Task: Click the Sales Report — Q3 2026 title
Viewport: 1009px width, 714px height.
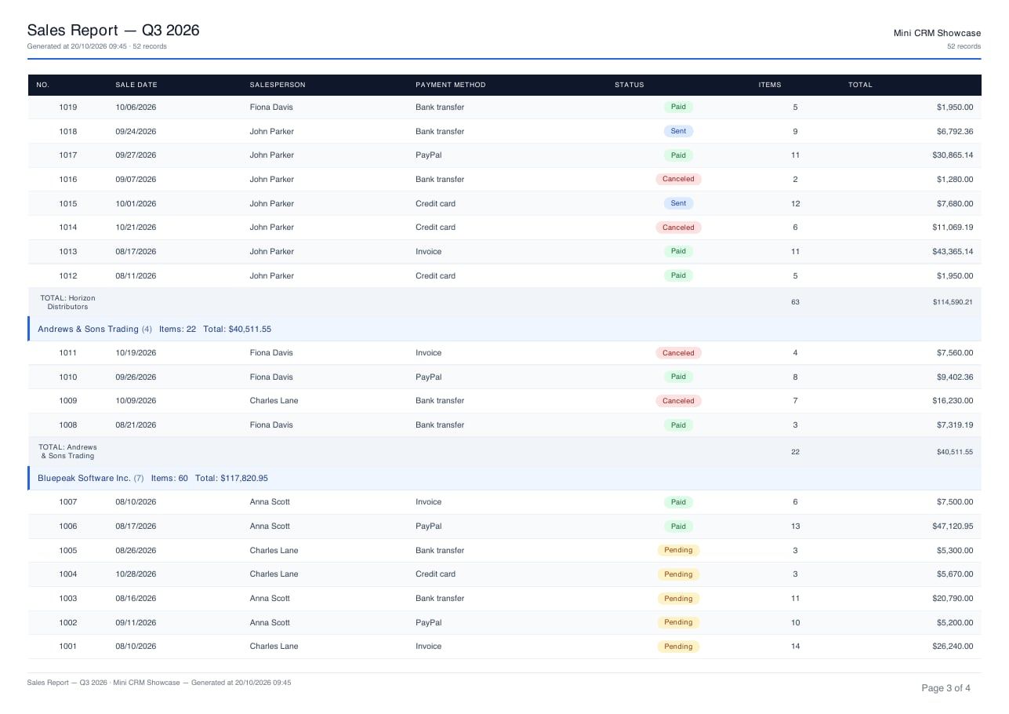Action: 113,30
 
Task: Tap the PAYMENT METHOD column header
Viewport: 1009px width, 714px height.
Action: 451,85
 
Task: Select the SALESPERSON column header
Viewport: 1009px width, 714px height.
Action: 278,85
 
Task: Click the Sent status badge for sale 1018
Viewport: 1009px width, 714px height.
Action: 678,131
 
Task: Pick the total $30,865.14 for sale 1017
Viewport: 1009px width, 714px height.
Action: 953,155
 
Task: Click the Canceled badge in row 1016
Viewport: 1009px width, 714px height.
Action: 678,179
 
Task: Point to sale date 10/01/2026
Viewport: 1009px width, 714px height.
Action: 136,204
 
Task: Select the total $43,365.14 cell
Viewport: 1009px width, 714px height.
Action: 953,252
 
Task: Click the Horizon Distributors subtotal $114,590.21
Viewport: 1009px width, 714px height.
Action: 953,302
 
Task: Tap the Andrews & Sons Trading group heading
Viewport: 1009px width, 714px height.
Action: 88,329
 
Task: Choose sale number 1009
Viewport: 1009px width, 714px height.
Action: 68,401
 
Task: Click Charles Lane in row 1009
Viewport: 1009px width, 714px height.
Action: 274,401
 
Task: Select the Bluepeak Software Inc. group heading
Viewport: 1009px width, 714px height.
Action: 84,479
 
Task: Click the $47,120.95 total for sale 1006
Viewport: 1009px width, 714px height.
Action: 953,526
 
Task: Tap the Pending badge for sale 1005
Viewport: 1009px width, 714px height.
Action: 678,550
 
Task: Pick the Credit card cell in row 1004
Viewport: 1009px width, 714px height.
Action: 435,574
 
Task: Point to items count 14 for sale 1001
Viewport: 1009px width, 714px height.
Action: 796,647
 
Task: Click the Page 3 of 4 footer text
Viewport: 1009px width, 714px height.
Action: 945,688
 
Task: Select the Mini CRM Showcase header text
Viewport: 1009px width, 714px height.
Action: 937,33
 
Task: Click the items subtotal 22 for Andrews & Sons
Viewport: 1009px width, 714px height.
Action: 796,452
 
